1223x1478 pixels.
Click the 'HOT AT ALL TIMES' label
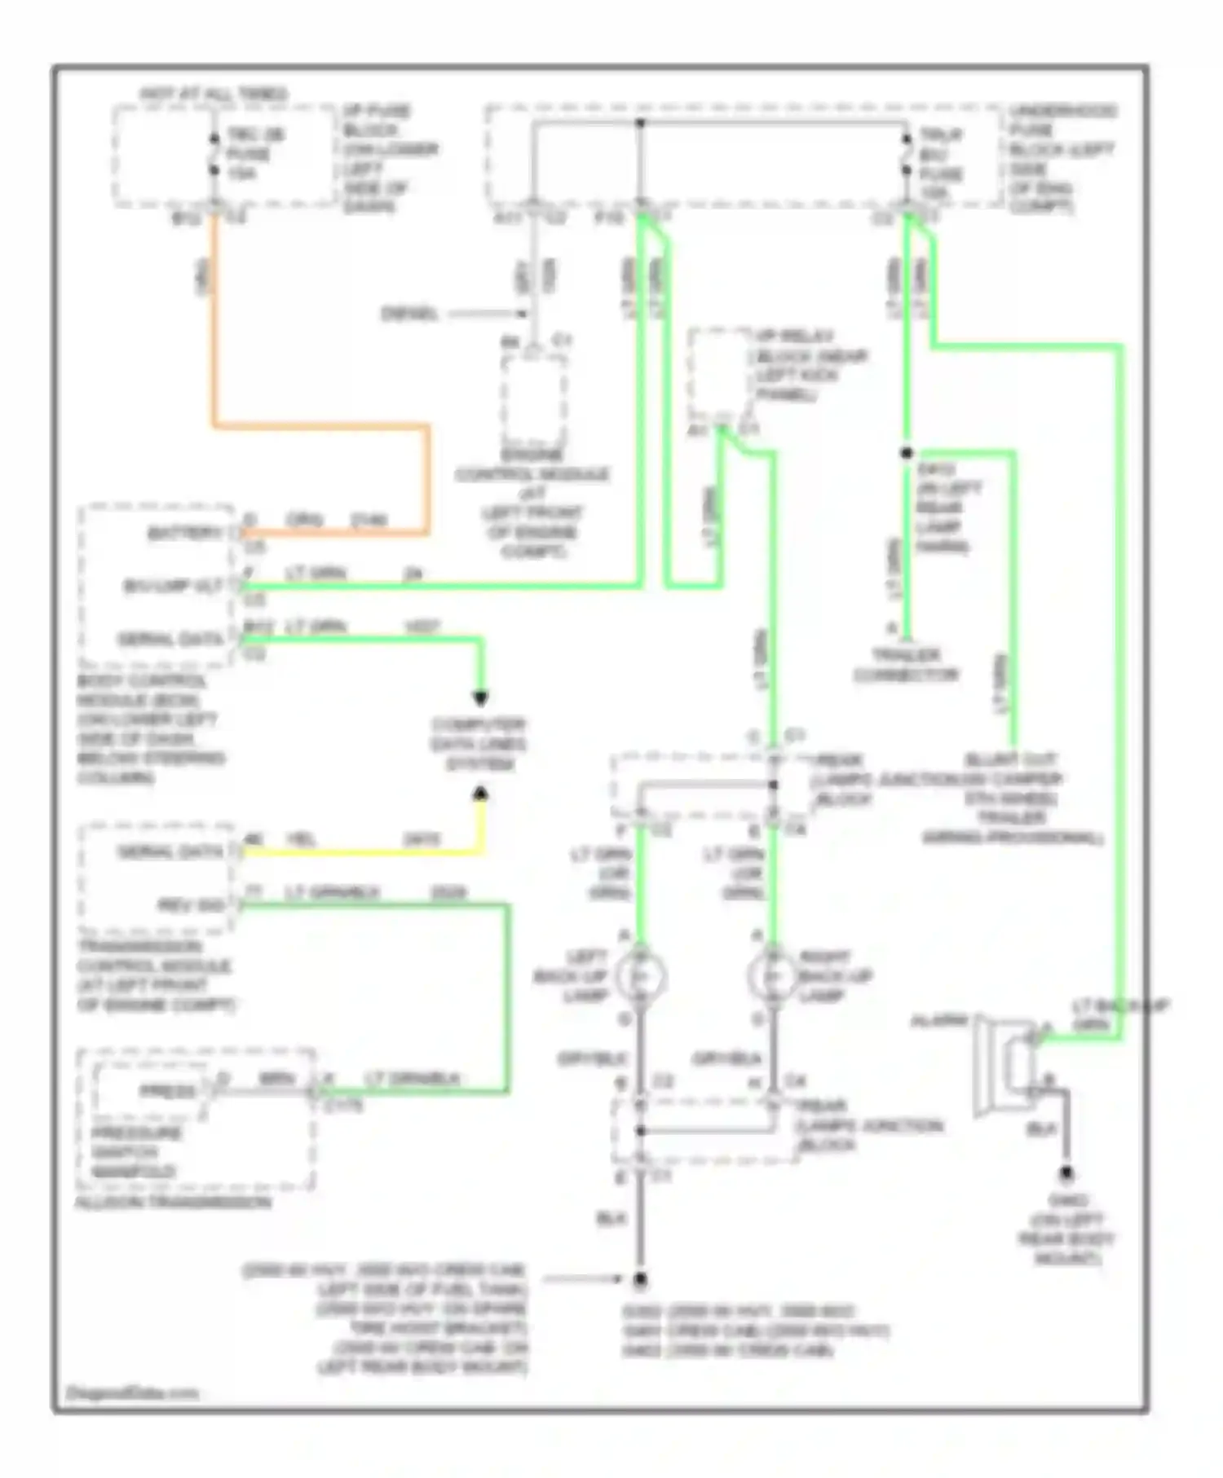click(214, 95)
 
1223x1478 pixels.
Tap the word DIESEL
click(409, 314)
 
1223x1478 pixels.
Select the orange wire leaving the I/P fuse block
click(214, 326)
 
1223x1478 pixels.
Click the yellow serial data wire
click(359, 853)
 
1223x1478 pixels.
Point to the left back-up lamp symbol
click(641, 976)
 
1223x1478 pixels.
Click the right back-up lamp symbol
click(773, 976)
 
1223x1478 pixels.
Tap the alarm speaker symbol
click(1006, 1065)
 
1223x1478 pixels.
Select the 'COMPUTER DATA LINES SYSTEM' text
click(479, 744)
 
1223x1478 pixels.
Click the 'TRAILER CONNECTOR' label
click(907, 665)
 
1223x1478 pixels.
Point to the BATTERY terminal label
click(184, 533)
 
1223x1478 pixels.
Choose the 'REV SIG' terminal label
click(192, 905)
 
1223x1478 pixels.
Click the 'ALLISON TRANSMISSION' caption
click(173, 1203)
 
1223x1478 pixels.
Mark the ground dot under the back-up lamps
click(641, 1280)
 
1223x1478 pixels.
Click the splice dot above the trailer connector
click(907, 453)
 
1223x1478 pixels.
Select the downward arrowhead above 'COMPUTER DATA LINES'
click(481, 698)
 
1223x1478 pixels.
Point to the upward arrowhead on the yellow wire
click(481, 793)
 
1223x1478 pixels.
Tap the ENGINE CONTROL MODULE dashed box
click(534, 399)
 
